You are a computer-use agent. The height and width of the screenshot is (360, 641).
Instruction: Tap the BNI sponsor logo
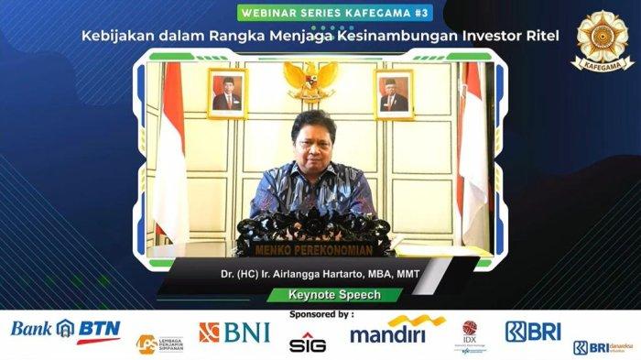[234, 333]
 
